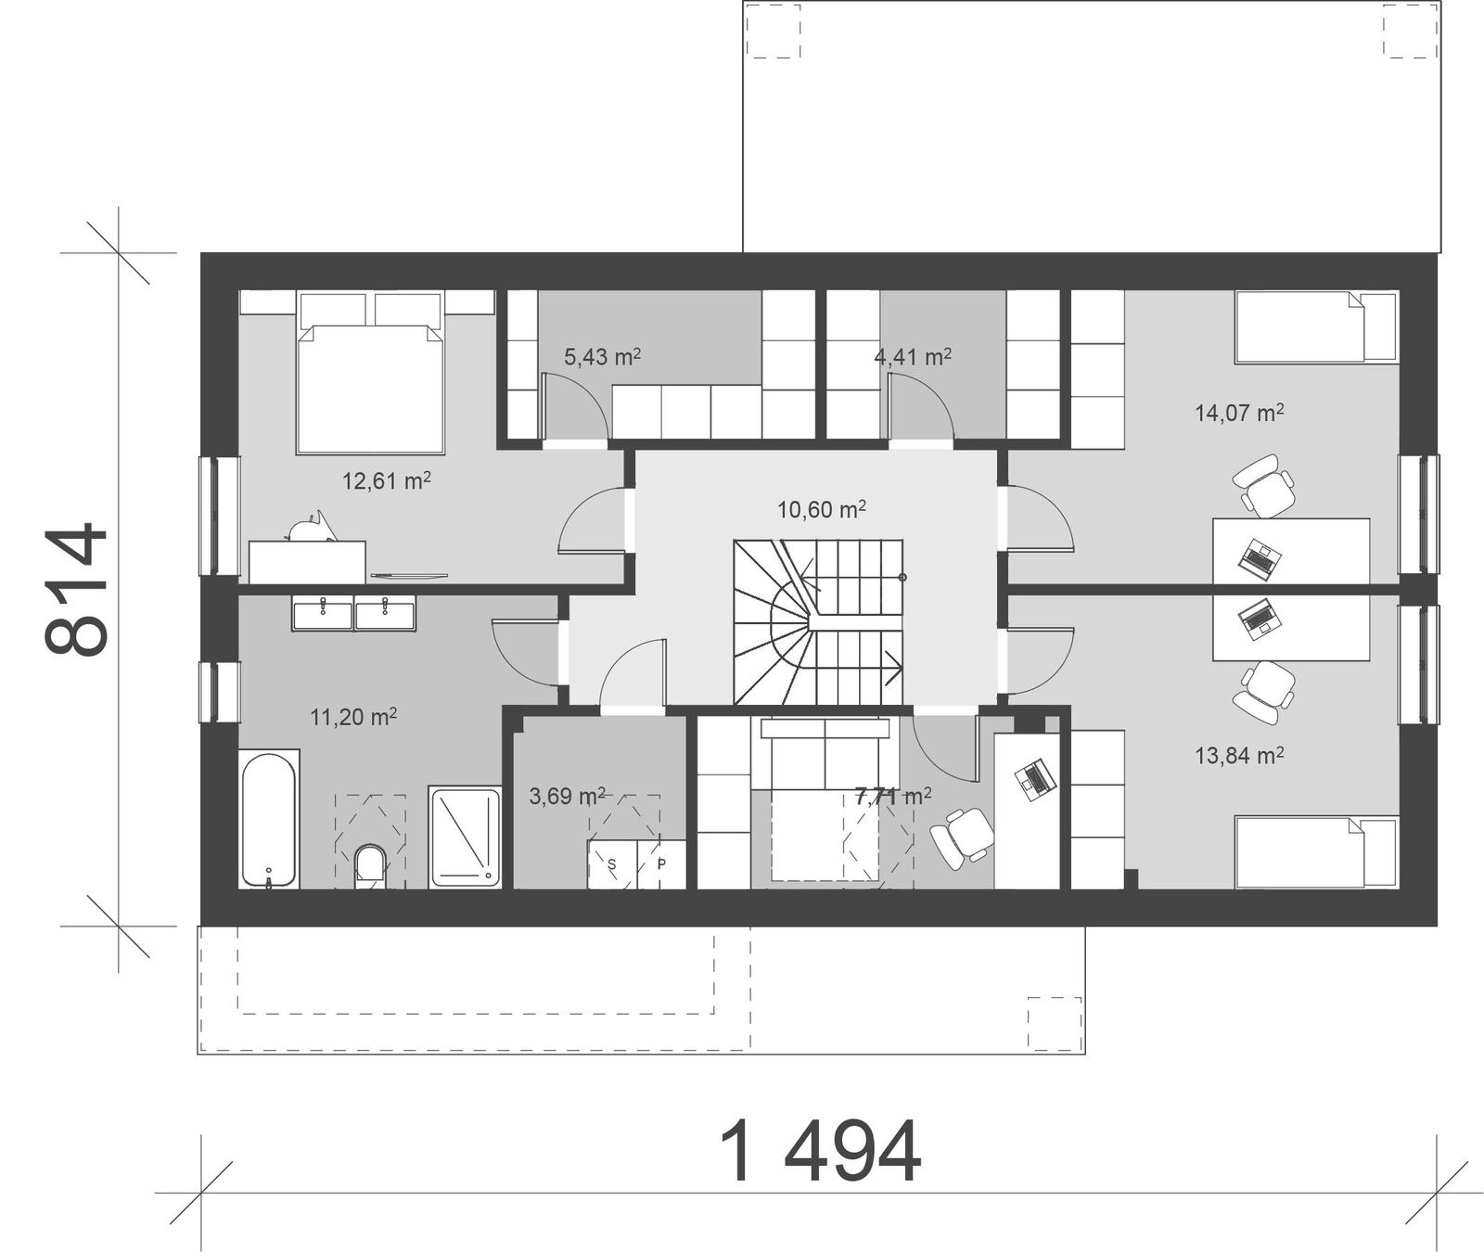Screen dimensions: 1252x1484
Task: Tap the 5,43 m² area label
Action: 603,356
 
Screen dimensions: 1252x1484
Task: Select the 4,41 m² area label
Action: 913,356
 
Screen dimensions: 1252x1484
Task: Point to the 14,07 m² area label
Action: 1239,413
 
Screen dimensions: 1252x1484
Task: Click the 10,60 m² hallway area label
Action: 822,509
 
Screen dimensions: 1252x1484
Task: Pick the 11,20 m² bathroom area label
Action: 353,717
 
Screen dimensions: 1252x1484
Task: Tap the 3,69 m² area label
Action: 567,796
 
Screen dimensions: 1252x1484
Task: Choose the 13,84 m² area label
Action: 1239,756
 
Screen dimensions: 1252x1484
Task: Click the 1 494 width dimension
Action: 820,1153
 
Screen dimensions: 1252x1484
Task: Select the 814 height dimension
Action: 76,590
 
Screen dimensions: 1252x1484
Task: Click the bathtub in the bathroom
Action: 269,819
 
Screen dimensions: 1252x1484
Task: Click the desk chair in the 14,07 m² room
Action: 1264,485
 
